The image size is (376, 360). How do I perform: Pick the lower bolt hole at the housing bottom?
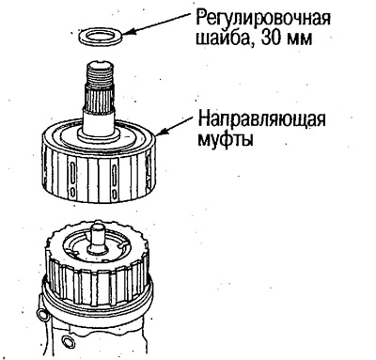(47, 349)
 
